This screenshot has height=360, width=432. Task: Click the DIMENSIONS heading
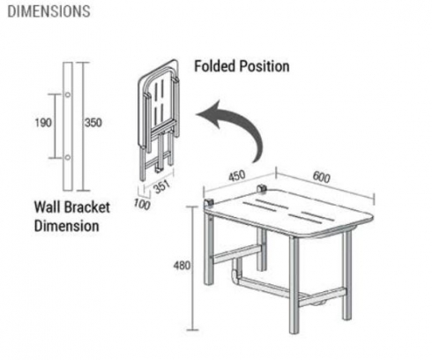click(x=48, y=11)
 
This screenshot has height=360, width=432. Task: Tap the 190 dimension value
click(x=43, y=123)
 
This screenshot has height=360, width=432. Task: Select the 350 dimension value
click(x=93, y=123)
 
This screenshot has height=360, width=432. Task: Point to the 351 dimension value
click(x=161, y=186)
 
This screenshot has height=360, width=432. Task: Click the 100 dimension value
click(x=142, y=205)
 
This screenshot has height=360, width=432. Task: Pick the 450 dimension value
click(x=237, y=176)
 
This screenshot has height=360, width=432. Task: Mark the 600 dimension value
click(x=321, y=176)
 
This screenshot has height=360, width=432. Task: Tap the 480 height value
click(x=182, y=266)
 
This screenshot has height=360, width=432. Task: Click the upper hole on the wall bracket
click(x=68, y=94)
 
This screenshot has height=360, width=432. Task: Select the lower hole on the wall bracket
click(x=68, y=157)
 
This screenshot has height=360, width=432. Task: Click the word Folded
click(x=215, y=66)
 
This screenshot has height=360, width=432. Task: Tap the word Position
click(x=264, y=66)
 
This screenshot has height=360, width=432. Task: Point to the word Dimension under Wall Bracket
click(x=66, y=226)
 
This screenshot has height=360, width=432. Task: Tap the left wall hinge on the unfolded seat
click(x=209, y=203)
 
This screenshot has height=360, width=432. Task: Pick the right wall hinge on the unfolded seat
click(x=262, y=189)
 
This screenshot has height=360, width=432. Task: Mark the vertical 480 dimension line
click(x=192, y=268)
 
